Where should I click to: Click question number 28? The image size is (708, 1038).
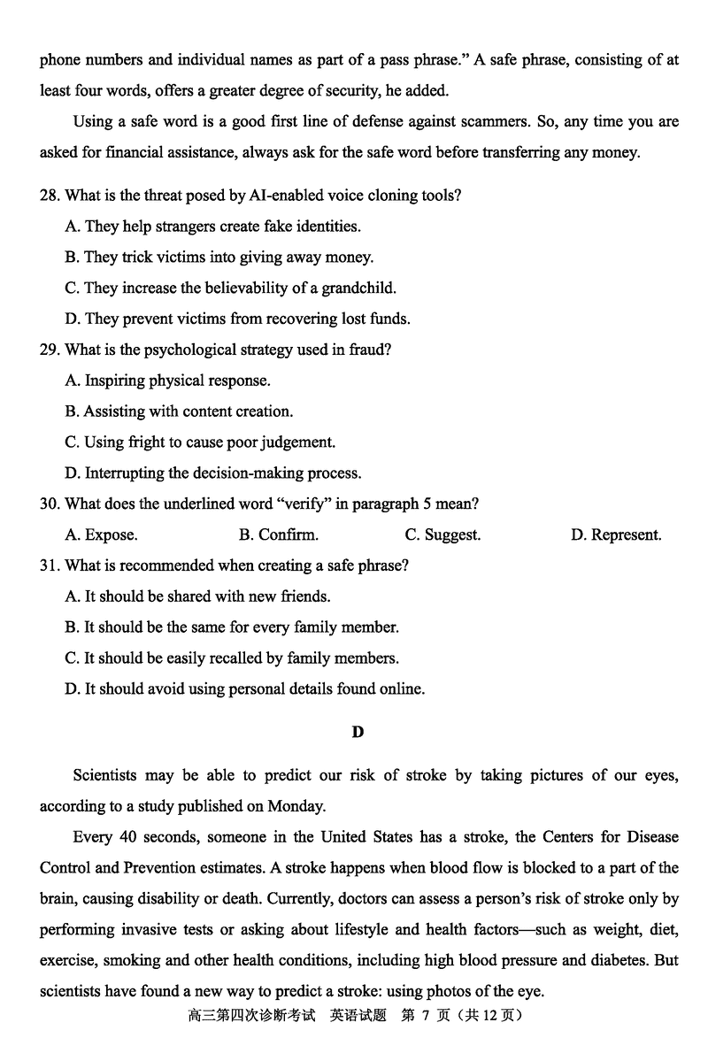pos(50,196)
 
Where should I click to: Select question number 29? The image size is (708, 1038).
pos(50,350)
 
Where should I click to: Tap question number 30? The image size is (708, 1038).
pos(50,504)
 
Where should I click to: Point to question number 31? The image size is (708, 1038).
pos(50,565)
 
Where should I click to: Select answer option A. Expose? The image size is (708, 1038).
pos(101,534)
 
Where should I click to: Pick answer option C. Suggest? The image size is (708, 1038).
pos(442,534)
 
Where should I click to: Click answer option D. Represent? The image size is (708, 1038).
pos(616,534)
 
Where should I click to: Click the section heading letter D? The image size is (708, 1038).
pos(358,732)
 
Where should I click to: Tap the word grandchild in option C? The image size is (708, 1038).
pos(358,288)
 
